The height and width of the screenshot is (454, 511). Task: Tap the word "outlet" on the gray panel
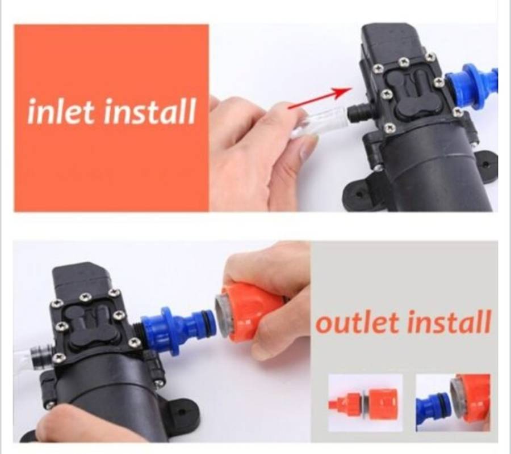(x=358, y=323)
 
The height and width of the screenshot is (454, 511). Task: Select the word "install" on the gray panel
(x=449, y=323)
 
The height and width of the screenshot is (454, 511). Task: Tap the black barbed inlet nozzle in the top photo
(x=357, y=112)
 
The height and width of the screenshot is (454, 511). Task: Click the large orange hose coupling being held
(x=250, y=312)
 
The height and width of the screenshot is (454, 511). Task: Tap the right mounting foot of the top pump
(x=485, y=164)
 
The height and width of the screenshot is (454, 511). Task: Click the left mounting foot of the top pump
(x=361, y=193)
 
